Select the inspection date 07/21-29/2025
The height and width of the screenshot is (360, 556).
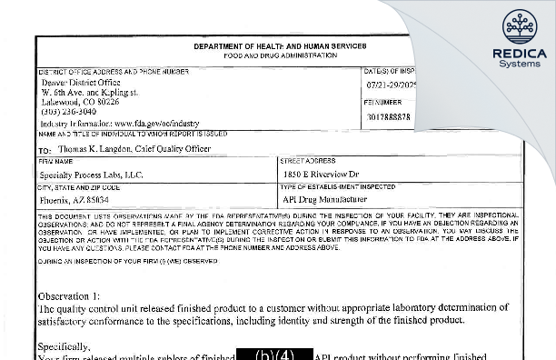(x=392, y=83)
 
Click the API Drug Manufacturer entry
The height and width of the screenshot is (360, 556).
(x=324, y=198)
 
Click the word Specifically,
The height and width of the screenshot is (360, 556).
(x=65, y=346)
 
